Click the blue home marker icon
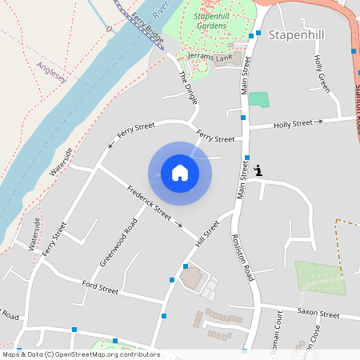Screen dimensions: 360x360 tap(180, 172)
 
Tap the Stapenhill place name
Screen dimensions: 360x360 tap(298, 35)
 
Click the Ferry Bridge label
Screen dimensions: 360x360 tap(147, 29)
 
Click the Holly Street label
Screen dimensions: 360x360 tap(293, 124)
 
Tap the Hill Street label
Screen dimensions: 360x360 tap(206, 232)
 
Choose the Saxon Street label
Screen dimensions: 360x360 tap(318, 312)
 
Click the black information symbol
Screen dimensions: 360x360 tap(258, 170)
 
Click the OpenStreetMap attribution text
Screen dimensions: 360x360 tap(80, 354)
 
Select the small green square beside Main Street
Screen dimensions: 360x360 tap(258, 100)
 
